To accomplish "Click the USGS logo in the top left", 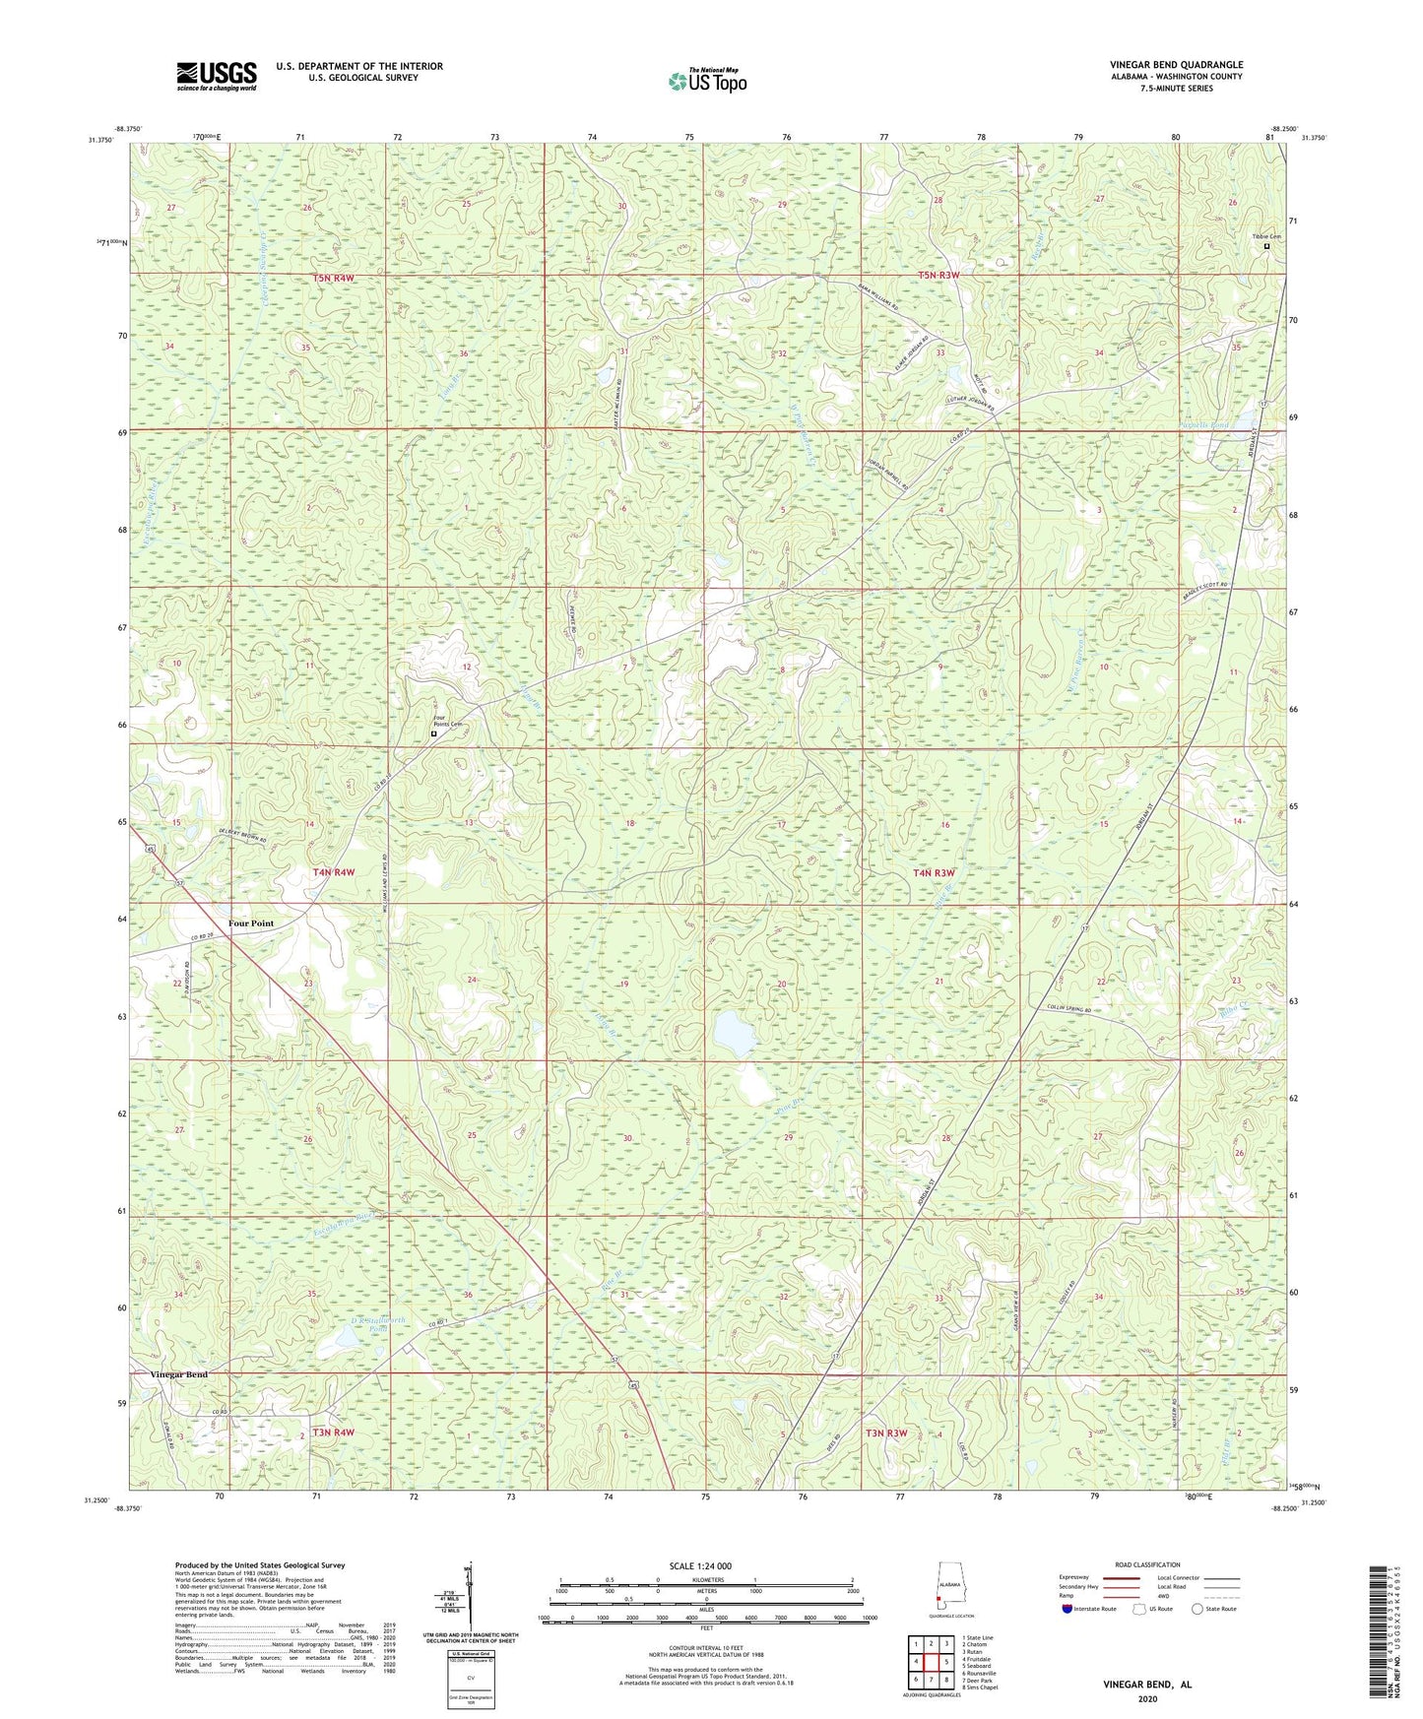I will (217, 76).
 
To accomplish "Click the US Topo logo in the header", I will (707, 81).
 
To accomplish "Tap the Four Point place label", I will (251, 923).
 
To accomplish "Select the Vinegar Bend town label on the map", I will (179, 1374).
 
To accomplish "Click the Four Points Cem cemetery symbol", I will (433, 733).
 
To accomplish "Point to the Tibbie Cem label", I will (1266, 237).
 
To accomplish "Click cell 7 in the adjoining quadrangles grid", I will (931, 1680).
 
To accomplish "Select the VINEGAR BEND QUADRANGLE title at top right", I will (1176, 65).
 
